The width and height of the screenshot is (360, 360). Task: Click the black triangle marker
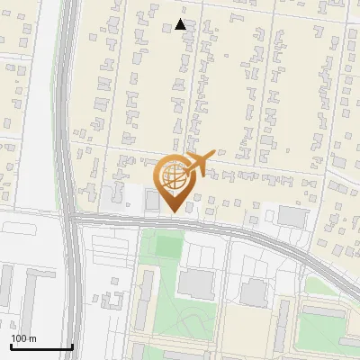[181, 24]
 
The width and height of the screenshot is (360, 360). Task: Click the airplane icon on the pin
[200, 163]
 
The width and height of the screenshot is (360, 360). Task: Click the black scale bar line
[41, 346]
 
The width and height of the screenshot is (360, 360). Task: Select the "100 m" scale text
[23, 338]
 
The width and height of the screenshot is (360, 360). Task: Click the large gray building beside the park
[197, 283]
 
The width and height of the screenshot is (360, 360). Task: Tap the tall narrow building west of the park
[144, 288]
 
